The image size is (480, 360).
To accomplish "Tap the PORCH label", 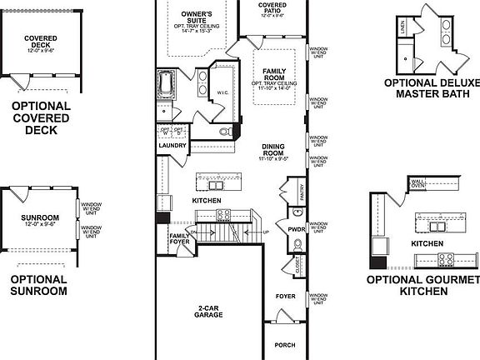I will tap(285, 344).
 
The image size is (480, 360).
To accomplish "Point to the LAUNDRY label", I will tap(172, 145).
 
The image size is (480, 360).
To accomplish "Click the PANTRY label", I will tap(302, 193).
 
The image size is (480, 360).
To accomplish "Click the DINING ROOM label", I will tap(273, 149).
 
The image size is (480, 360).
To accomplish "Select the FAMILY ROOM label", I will tap(274, 73).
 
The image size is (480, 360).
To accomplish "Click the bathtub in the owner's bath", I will tap(164, 84).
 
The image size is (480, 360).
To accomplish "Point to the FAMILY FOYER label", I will tap(179, 240).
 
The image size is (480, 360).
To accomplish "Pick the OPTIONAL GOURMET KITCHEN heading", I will tap(423, 285).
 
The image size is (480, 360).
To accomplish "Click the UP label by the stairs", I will tap(266, 232).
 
